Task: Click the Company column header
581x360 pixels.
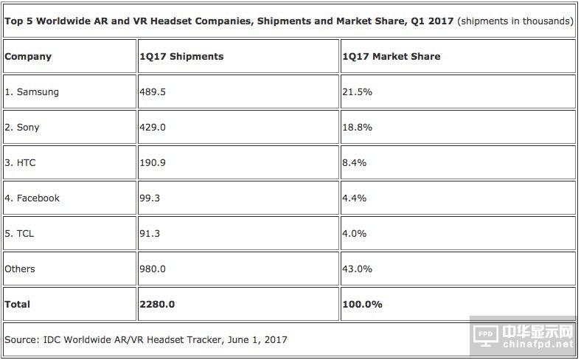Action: [x=28, y=57]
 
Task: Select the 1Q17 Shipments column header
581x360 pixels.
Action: [x=181, y=57]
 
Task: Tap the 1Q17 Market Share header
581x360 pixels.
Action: [x=391, y=57]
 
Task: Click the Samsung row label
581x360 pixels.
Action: [x=32, y=92]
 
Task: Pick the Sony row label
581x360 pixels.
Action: [x=22, y=128]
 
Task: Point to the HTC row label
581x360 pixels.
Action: [x=21, y=163]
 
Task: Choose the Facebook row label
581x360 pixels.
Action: [x=32, y=198]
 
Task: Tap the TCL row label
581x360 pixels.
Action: [x=20, y=234]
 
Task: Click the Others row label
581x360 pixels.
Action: [x=20, y=269]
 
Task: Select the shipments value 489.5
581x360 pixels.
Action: [x=153, y=92]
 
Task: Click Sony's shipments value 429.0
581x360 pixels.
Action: [x=153, y=128]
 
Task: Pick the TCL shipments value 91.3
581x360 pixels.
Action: [x=150, y=234]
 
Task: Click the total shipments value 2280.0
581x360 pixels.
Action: [x=157, y=304]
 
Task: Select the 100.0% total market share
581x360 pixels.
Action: [x=362, y=304]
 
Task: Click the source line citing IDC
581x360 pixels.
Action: [x=146, y=339]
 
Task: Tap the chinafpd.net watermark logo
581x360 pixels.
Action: [x=523, y=336]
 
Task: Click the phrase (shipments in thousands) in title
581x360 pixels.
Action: [x=515, y=21]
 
